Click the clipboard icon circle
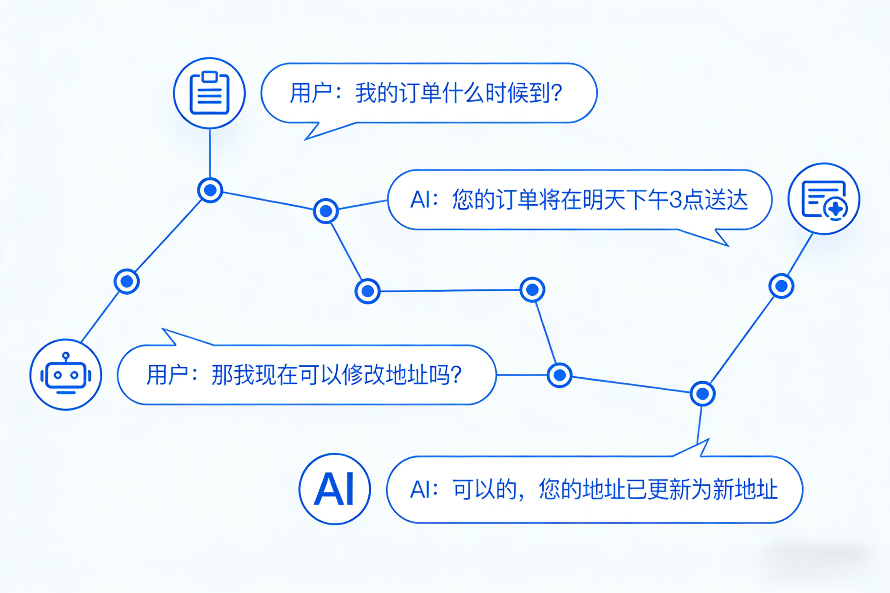click(x=209, y=93)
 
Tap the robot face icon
click(x=66, y=375)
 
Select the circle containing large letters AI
click(x=335, y=489)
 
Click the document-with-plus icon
click(x=824, y=199)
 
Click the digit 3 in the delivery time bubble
click(x=676, y=200)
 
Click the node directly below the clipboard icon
click(x=210, y=190)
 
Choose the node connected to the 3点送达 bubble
click(x=326, y=211)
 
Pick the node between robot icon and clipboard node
click(x=127, y=281)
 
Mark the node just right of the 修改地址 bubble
click(x=559, y=375)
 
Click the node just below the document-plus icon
click(x=781, y=286)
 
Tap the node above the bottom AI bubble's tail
click(x=702, y=394)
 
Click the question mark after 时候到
click(x=556, y=93)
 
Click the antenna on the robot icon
click(x=66, y=356)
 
